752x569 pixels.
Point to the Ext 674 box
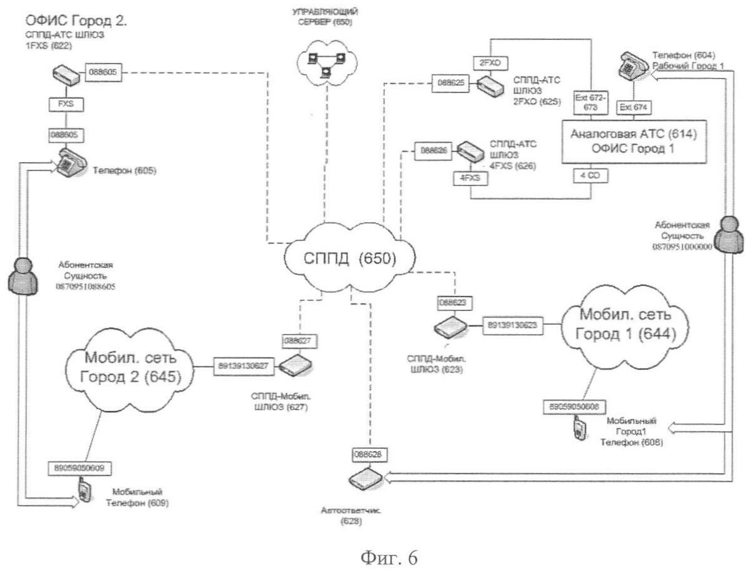(x=633, y=108)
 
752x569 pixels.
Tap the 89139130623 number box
(x=512, y=326)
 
